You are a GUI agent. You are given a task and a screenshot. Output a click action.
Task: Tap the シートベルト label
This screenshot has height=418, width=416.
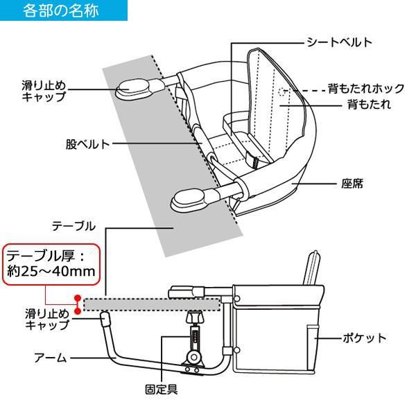(340, 42)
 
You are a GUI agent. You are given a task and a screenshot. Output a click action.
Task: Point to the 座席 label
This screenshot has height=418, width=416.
(354, 185)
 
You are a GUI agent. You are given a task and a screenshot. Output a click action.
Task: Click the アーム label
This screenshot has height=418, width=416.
(51, 358)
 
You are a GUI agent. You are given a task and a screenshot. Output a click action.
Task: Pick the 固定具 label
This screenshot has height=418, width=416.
(162, 389)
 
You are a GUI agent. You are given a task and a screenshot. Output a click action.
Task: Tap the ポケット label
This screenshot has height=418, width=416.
(364, 338)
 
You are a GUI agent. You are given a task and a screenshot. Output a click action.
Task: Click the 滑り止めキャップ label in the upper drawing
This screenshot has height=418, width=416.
(44, 91)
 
